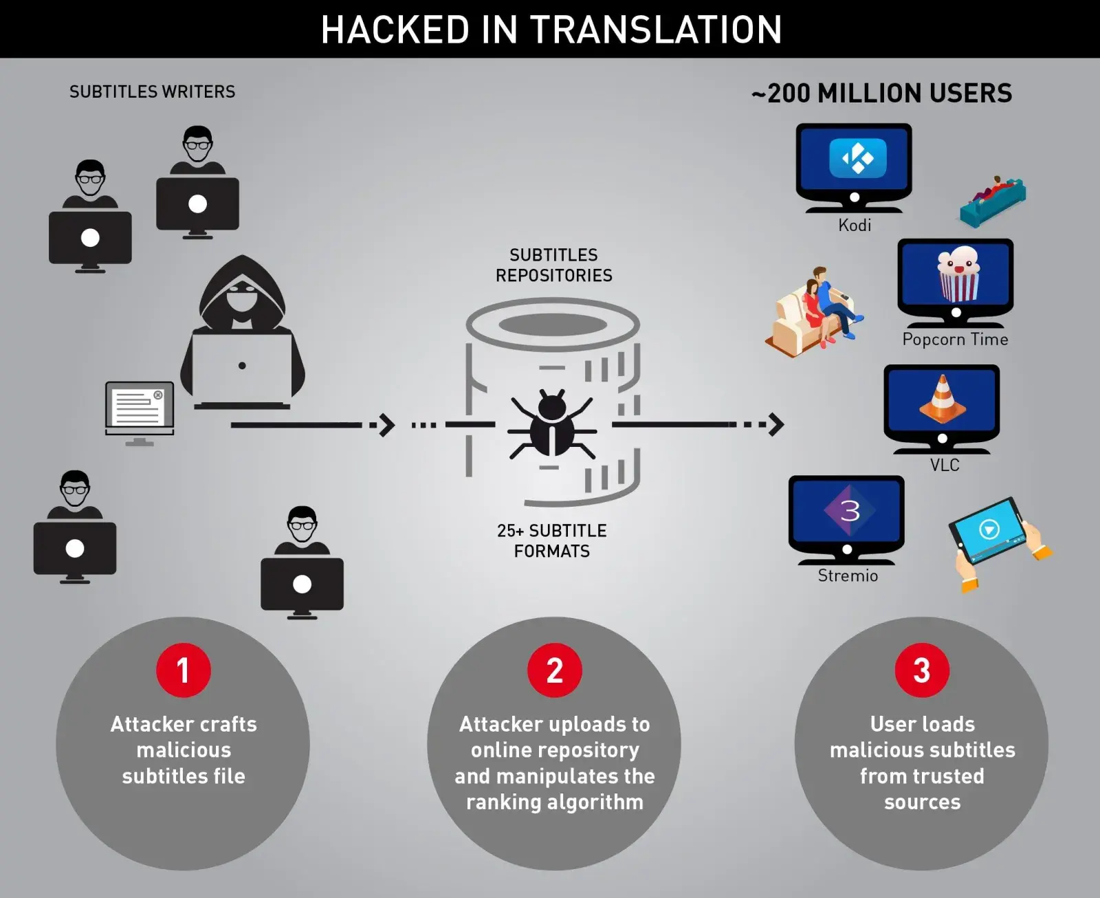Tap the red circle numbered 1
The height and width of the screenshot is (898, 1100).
click(x=183, y=670)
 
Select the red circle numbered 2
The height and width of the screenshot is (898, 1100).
click(x=554, y=670)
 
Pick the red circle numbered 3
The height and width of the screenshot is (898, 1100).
click(x=921, y=670)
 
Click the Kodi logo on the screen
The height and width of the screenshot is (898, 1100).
click(x=857, y=158)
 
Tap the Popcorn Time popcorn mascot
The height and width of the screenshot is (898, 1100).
click(x=958, y=273)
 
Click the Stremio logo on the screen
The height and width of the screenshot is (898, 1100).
click(x=850, y=510)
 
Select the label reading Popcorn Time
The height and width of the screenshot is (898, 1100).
click(x=955, y=339)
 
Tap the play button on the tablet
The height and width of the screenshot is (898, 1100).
click(x=989, y=529)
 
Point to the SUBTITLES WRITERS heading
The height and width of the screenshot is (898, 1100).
click(x=152, y=91)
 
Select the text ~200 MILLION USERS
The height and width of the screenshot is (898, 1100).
click(x=882, y=93)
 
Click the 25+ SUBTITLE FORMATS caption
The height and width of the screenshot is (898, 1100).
click(x=552, y=540)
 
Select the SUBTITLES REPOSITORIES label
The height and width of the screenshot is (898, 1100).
click(x=553, y=265)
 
